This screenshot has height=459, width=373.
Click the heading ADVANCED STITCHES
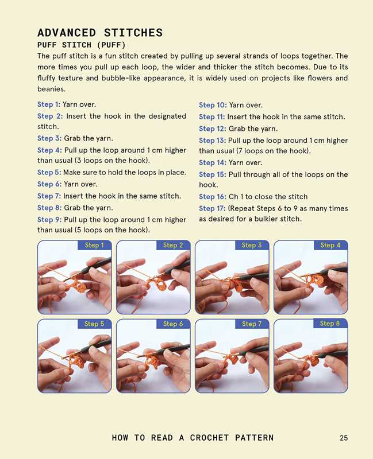[x=100, y=33]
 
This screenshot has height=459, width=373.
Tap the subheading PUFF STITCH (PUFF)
[x=82, y=45]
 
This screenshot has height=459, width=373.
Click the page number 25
[x=344, y=438]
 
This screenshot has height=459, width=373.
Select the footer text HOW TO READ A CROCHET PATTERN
[x=193, y=438]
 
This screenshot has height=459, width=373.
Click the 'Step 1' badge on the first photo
[x=94, y=245]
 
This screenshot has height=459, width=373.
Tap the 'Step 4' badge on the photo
[x=330, y=245]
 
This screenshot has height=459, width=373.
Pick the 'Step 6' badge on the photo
[x=173, y=324]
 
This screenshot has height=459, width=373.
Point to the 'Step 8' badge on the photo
[x=330, y=324]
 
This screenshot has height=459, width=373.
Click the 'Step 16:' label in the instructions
[x=213, y=197]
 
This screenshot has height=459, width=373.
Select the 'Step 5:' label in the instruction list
[x=49, y=173]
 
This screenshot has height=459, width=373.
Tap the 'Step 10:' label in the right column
[x=213, y=105]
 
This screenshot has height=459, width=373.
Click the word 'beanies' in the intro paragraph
[x=51, y=89]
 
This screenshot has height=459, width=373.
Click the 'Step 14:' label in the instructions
[x=213, y=163]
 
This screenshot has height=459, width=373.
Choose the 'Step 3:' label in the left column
[x=49, y=138]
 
